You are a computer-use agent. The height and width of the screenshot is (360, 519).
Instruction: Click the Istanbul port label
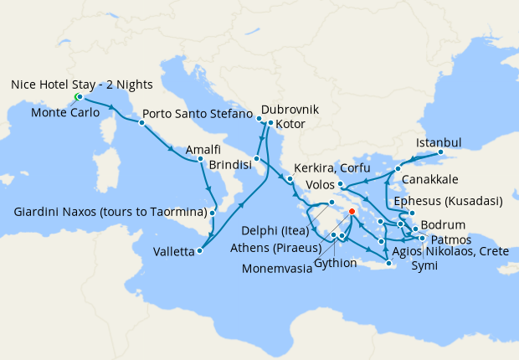click(439, 142)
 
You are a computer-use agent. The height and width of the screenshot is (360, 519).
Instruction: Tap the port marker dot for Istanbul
click(441, 153)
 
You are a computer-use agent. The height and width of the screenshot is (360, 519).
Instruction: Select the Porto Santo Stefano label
click(197, 113)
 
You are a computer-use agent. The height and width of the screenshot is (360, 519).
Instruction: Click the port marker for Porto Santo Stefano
click(141, 123)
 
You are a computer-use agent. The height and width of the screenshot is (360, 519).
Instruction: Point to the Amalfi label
click(203, 149)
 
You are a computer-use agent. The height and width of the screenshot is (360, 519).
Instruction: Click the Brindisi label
click(230, 166)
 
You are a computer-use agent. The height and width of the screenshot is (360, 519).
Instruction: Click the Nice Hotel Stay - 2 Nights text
click(82, 85)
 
